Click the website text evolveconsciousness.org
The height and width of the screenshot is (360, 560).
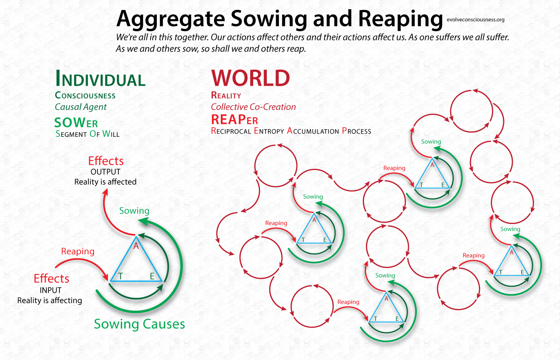[476, 20]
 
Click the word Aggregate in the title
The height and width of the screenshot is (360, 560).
[171, 19]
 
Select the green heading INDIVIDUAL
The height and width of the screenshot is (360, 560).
[100, 78]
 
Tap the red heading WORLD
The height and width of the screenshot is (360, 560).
[250, 78]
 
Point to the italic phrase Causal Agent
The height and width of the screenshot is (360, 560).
[81, 107]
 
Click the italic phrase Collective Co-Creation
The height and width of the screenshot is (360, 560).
[253, 107]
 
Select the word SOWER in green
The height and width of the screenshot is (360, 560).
[76, 123]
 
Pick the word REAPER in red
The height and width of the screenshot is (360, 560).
[234, 120]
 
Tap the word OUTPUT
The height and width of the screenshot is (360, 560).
[106, 172]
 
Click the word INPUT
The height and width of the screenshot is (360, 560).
[51, 290]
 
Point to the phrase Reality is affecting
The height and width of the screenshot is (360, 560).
[50, 300]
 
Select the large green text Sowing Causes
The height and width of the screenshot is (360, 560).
[140, 324]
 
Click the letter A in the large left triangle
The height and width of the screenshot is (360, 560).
[136, 246]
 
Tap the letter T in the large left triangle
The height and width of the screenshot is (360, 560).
[120, 276]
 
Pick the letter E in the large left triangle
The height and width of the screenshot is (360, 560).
[152, 276]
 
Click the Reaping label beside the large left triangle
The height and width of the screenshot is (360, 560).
[78, 252]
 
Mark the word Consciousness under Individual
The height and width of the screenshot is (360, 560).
[85, 96]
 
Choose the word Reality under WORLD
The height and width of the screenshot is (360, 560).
[226, 95]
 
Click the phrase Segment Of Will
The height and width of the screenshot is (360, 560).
[88, 134]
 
